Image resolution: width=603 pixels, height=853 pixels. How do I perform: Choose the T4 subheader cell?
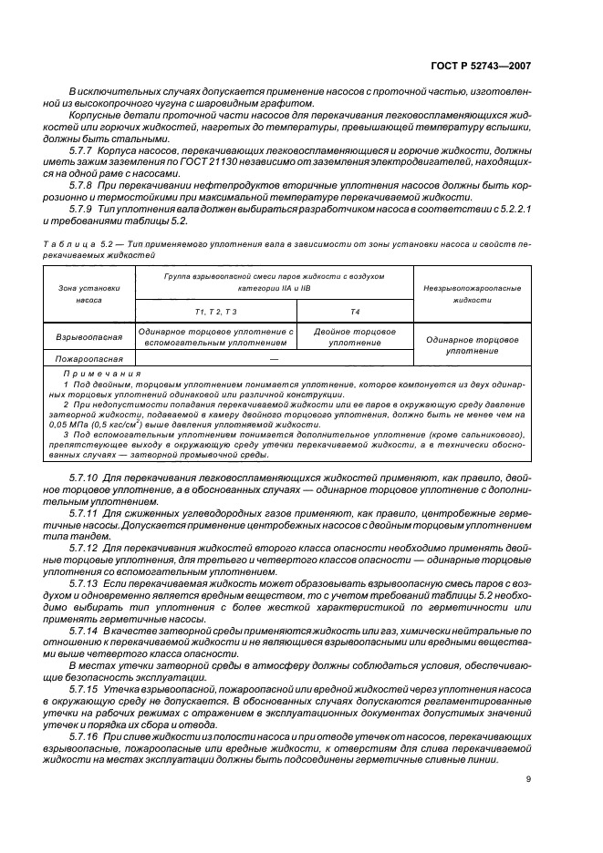coord(355,312)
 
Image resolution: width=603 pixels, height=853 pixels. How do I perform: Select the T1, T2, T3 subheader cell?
coord(216,312)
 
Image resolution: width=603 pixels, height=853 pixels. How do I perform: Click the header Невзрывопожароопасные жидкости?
coord(472,293)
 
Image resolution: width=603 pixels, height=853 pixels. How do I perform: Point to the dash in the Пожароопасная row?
coord(274,360)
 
